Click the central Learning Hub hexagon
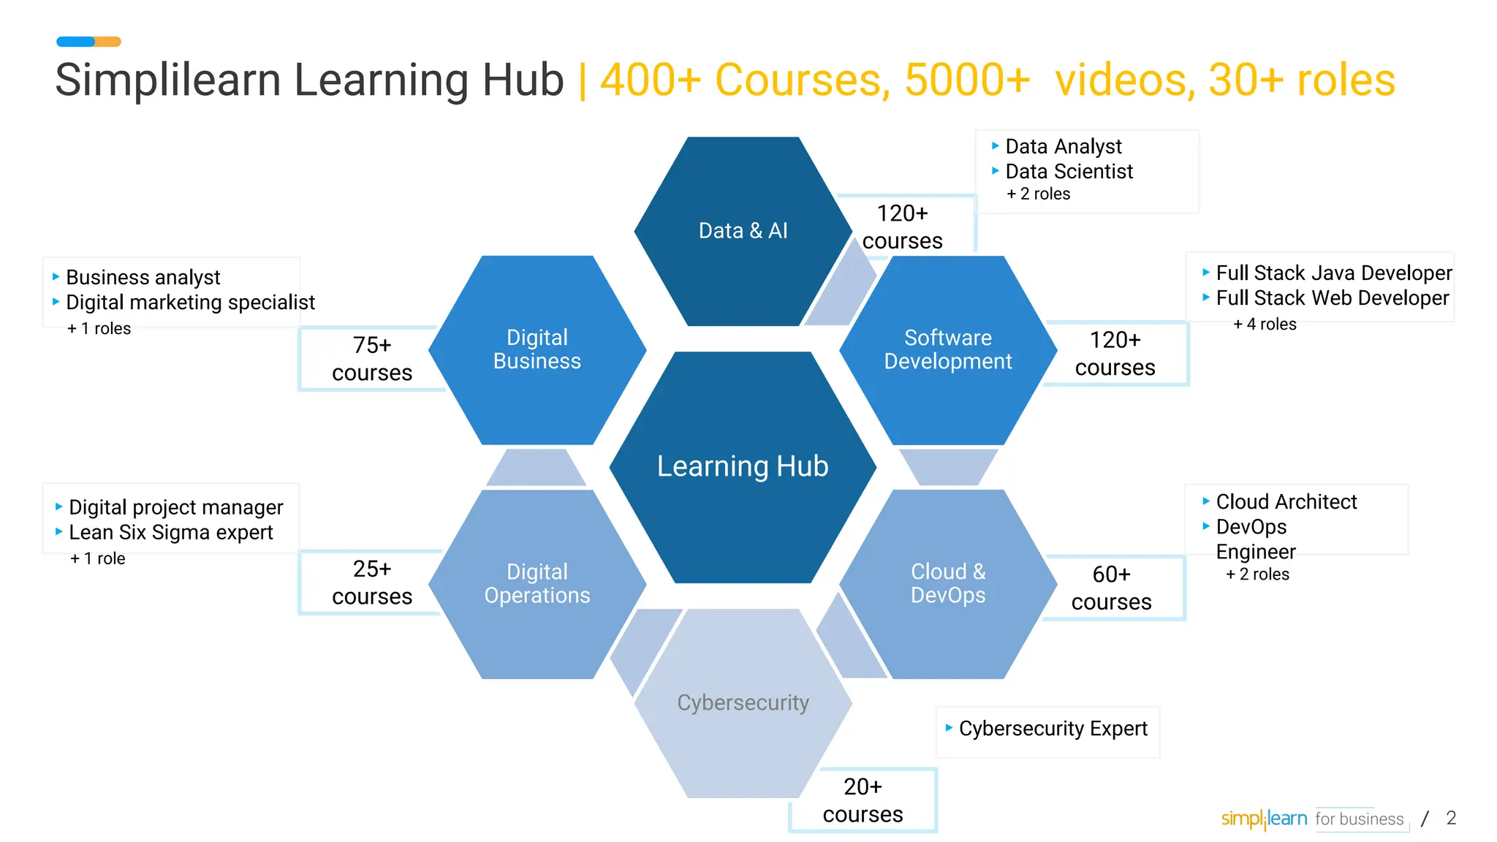743,467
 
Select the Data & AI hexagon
743,231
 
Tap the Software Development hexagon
948,349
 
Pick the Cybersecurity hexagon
743,702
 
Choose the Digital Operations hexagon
537,583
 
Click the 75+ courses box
372,359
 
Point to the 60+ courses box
1111,588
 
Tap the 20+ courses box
863,800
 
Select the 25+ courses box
372,583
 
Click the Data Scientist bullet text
1069,172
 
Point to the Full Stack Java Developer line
1333,273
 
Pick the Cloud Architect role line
1286,502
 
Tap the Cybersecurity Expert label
1053,729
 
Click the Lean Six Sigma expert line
170,533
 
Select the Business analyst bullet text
143,278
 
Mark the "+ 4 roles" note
1265,325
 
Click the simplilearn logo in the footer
1264,819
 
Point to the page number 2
1451,818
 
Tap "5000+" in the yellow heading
966,80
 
